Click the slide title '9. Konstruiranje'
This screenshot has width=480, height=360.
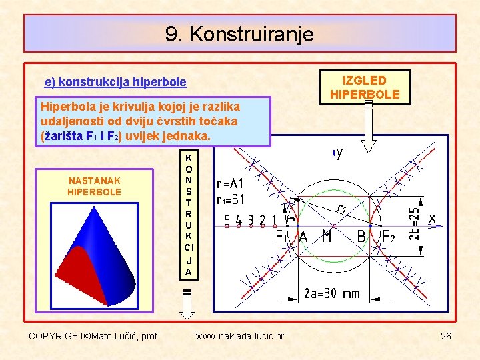pos(239,33)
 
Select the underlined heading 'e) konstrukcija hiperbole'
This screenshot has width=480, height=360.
pos(115,83)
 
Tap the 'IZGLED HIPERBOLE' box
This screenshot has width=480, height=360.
pos(365,87)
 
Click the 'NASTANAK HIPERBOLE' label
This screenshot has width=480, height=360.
pos(94,186)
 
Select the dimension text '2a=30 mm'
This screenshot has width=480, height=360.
pos(331,293)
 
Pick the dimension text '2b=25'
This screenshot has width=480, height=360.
pos(415,223)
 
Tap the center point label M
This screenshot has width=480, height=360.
pos(327,237)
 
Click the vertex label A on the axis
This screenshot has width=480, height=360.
pos(303,237)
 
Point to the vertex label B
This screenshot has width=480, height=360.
pos(361,237)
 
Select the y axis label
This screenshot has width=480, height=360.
pos(339,154)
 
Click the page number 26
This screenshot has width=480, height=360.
pos(445,336)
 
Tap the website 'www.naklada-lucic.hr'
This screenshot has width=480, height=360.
pos(239,336)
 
